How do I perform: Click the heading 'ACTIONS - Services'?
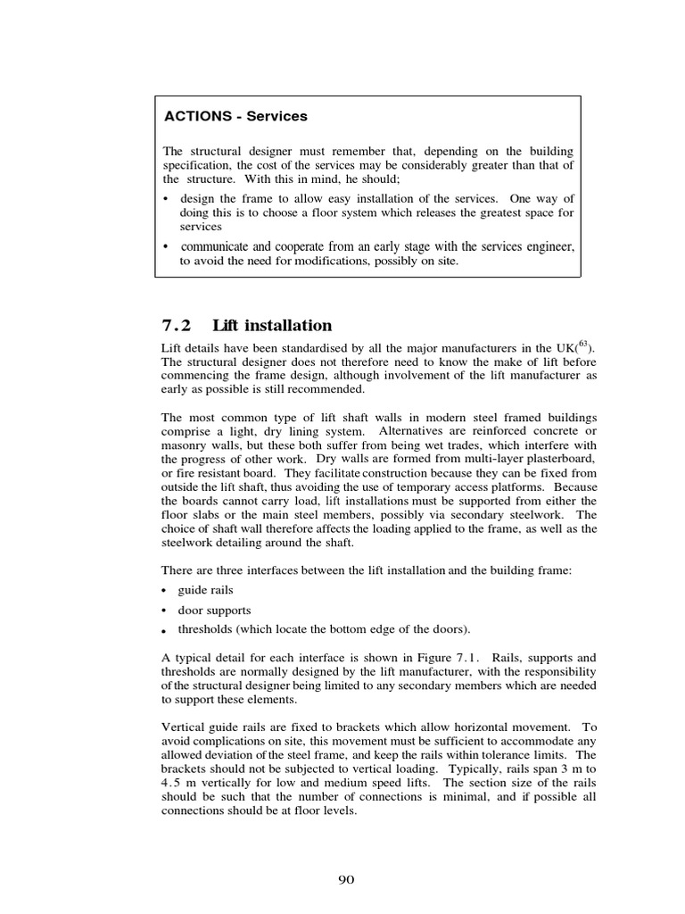click(x=235, y=116)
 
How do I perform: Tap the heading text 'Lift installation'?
click(x=272, y=326)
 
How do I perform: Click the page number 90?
click(x=346, y=880)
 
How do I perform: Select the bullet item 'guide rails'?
click(x=206, y=590)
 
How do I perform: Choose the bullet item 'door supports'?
click(x=214, y=610)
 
